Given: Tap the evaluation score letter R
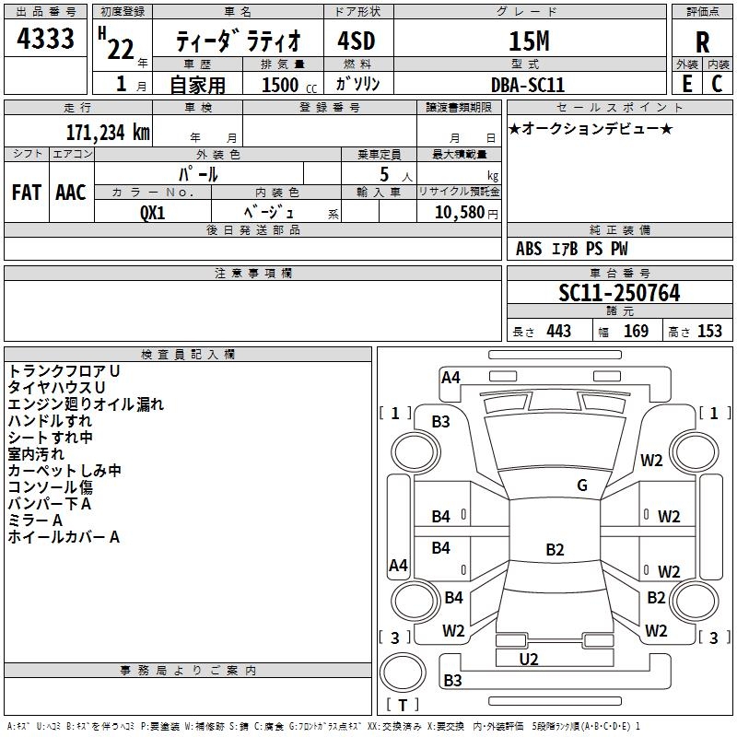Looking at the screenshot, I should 703,41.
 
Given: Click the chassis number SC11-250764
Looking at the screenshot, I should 619,293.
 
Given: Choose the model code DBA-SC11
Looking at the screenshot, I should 529,84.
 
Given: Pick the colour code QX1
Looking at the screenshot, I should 153,211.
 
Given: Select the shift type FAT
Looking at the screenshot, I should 27,192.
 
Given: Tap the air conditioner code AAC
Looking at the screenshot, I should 71,192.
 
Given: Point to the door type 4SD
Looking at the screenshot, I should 356,41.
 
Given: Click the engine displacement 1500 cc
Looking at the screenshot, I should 282,85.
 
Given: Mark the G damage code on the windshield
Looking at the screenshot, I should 581,485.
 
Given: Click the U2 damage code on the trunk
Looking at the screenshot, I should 528,659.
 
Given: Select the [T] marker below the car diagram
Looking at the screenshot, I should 402,706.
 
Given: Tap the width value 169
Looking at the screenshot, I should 636,331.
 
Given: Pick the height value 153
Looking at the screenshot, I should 709,331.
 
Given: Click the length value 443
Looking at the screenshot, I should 558,331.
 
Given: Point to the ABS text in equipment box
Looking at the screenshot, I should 529,249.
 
